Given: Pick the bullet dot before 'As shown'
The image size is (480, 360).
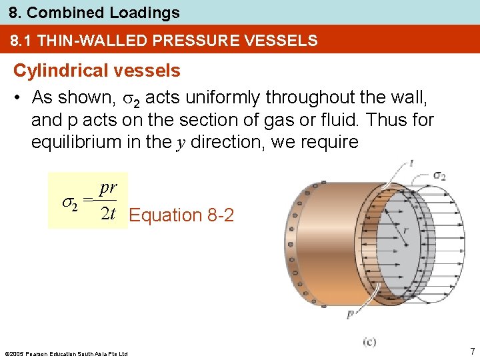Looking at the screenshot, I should [19, 98].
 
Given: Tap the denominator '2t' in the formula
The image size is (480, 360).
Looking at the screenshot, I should [107, 213].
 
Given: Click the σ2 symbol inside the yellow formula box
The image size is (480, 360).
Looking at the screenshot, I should [69, 203].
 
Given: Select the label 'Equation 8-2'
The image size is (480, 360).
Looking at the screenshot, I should [181, 215].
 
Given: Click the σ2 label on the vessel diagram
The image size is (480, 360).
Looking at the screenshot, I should [439, 175].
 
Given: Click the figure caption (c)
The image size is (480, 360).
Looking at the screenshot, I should [369, 341].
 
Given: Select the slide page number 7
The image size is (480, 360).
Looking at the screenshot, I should [471, 351].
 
